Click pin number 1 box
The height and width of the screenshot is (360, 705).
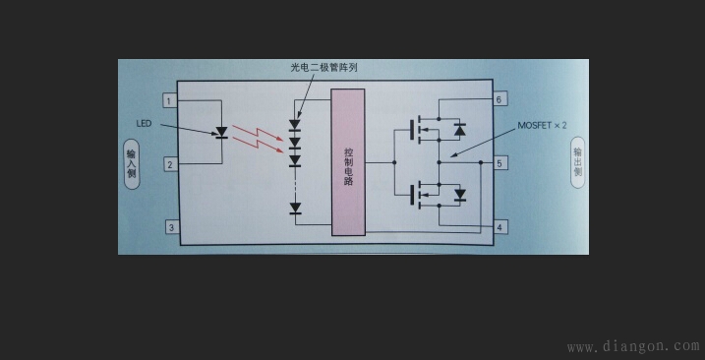[170, 100]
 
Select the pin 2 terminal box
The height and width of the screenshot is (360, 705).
[170, 164]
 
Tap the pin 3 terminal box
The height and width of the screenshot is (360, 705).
[170, 228]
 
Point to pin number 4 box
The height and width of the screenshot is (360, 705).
[500, 228]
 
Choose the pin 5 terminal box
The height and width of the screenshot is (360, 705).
[500, 163]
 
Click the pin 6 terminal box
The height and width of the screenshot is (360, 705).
[500, 100]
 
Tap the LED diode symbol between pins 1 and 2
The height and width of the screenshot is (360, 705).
[221, 133]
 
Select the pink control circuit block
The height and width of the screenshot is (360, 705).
[348, 162]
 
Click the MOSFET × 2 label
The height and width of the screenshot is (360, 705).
[543, 127]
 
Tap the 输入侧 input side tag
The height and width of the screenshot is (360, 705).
[131, 162]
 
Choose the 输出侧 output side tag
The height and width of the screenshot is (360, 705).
[578, 157]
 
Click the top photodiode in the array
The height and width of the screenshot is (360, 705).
[294, 126]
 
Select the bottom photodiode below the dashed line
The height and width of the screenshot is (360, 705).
[294, 208]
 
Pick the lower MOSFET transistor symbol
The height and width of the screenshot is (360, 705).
[424, 193]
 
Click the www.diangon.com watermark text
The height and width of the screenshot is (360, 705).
[633, 346]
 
